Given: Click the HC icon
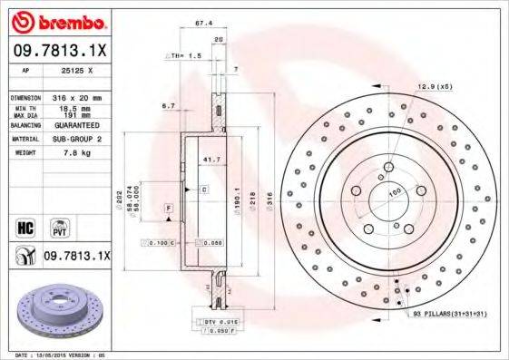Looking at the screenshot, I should click(24, 226).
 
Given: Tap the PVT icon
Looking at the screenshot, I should click(59, 226).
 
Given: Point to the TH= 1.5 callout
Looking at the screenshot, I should click(185, 56).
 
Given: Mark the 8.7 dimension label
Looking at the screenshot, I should click(169, 106).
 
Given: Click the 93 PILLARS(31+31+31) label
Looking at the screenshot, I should click(451, 314).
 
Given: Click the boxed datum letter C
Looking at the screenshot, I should click(204, 189).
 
